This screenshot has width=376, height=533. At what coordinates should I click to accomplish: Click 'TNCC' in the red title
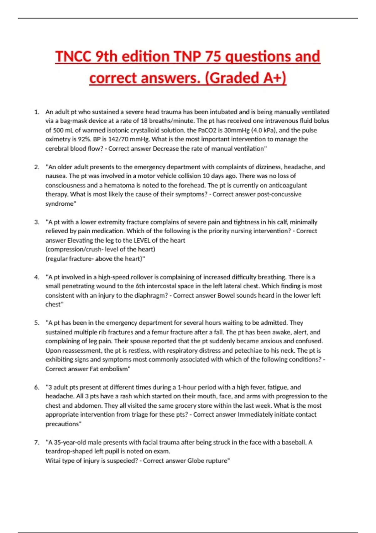[x=73, y=57]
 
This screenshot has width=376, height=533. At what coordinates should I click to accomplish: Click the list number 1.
[x=37, y=112]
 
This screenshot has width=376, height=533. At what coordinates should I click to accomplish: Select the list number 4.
[x=37, y=277]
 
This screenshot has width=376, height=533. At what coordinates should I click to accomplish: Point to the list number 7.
[x=37, y=442]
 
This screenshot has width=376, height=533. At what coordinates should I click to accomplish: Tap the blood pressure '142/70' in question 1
[x=117, y=139]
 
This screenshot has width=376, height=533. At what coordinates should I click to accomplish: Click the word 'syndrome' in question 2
[x=60, y=203]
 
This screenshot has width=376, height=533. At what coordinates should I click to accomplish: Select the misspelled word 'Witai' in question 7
[x=54, y=461]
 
